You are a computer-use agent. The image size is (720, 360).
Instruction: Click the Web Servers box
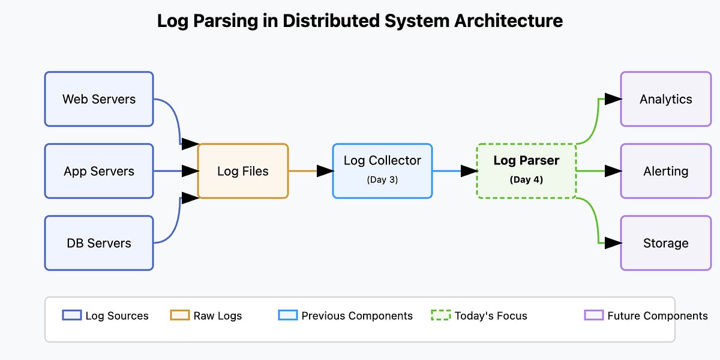click(x=99, y=99)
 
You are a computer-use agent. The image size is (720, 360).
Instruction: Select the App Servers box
click(x=99, y=171)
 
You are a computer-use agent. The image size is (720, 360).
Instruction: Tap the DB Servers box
click(x=99, y=243)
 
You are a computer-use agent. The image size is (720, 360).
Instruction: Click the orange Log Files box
click(x=243, y=171)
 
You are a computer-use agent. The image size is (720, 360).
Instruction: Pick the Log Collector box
click(x=382, y=170)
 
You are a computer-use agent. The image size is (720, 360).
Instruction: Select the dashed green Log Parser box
click(x=526, y=170)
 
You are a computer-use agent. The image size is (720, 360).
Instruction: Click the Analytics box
click(x=665, y=99)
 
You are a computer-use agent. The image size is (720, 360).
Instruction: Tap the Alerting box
click(x=665, y=171)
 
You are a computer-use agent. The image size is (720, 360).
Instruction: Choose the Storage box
click(x=665, y=243)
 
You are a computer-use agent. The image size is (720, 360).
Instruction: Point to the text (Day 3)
click(x=382, y=179)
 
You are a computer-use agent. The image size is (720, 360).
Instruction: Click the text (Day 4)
click(x=526, y=179)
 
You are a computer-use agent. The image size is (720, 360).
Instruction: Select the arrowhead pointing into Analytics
click(x=613, y=99)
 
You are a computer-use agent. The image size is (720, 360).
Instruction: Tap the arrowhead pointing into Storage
click(x=613, y=243)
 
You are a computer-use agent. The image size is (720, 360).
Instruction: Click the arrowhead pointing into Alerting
click(x=613, y=171)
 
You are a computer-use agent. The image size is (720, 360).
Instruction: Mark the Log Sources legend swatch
click(x=72, y=315)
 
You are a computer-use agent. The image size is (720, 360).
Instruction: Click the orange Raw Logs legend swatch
click(x=180, y=315)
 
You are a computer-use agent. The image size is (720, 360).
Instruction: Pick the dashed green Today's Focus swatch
click(x=440, y=315)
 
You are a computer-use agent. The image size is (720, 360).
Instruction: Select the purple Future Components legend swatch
click(x=594, y=315)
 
